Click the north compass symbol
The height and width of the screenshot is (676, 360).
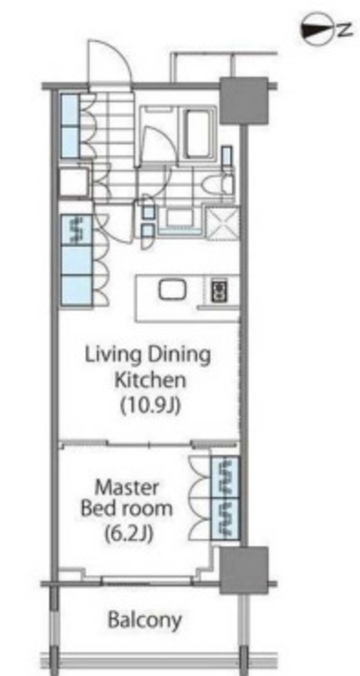[x=318, y=30]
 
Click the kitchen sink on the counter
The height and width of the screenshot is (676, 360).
[x=172, y=290]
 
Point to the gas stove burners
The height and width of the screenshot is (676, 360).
[x=219, y=290]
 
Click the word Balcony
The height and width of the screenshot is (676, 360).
[x=145, y=621]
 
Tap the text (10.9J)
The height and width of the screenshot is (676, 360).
[x=149, y=405]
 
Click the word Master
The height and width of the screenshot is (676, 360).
[x=126, y=488]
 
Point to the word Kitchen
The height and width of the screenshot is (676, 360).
[x=149, y=380]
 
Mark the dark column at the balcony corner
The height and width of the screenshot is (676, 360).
[x=243, y=570]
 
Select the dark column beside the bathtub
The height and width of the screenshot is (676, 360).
[x=244, y=100]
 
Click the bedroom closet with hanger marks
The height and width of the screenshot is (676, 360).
[x=225, y=498]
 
